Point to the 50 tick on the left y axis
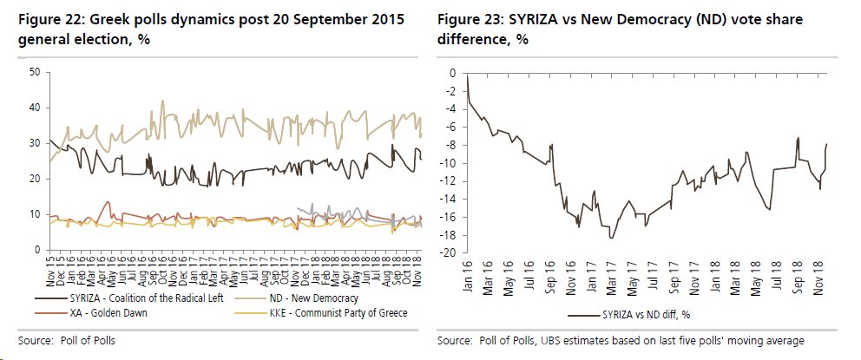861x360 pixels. point(36,72)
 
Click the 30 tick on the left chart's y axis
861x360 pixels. point(36,143)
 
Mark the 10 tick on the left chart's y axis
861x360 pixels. point(36,214)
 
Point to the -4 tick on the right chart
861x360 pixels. point(450,109)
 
